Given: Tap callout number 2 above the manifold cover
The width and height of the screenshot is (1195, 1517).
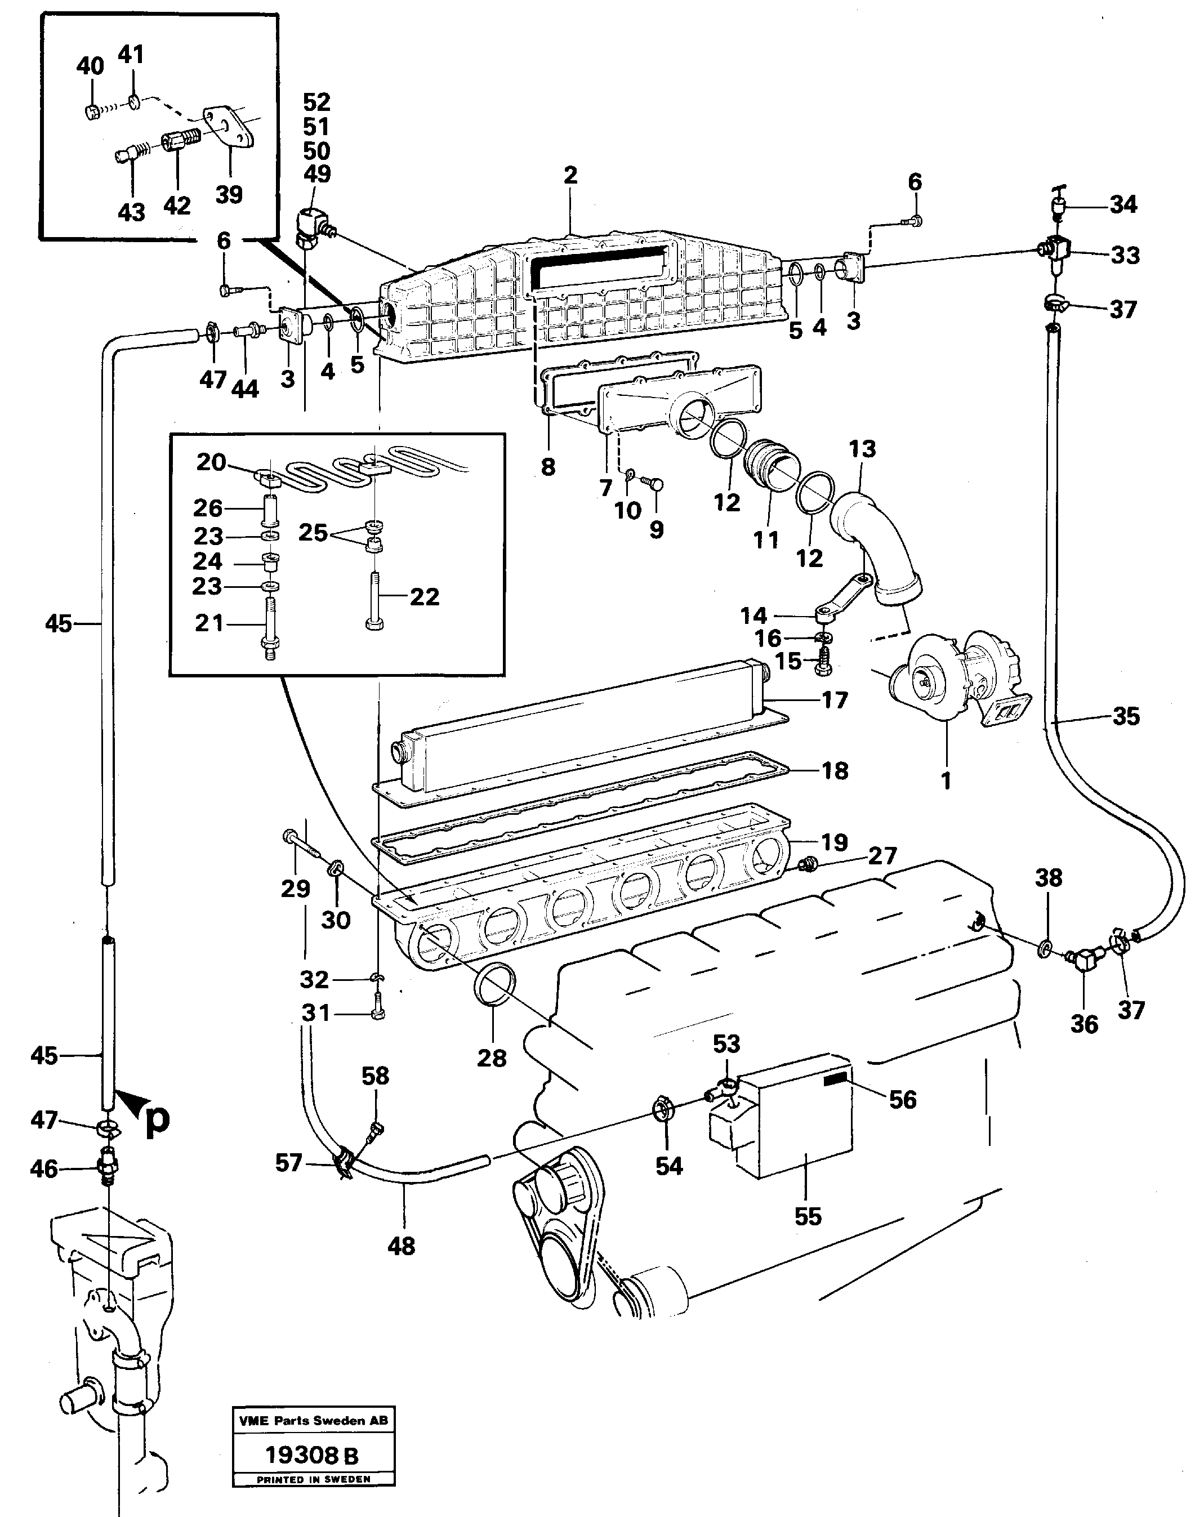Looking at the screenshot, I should coord(570,176).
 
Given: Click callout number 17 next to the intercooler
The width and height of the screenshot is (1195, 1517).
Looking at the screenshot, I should coord(834,699).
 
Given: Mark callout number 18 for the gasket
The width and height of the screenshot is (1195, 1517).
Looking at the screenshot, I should coord(834,771).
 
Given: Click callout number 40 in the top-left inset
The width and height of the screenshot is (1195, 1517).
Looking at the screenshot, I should coord(90,66).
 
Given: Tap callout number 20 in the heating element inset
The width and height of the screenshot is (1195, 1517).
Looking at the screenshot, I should coord(211,462).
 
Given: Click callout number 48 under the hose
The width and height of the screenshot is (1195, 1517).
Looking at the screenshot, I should coord(401,1246).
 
